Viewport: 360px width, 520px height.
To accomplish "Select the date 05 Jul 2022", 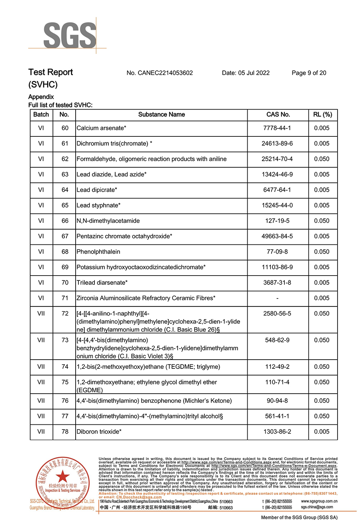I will coord(246,73).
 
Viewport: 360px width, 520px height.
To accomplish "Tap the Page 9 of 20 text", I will coord(309,73).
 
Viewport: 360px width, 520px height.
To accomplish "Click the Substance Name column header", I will coord(161,114).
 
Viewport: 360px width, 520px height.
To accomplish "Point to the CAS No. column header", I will coord(278,114).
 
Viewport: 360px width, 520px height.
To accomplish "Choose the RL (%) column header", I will coord(322,114).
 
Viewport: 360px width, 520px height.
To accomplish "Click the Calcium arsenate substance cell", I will coord(102,128).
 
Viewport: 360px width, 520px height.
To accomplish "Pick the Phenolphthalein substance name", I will coord(98,252).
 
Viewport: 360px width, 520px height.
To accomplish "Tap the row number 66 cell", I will coord(65,221).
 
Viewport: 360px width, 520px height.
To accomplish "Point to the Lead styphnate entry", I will coord(98,205).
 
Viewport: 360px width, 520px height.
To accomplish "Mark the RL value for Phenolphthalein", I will coord(322,252).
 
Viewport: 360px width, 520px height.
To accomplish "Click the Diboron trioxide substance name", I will coord(99,432).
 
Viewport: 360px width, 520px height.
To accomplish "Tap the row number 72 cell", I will coord(65,314).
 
